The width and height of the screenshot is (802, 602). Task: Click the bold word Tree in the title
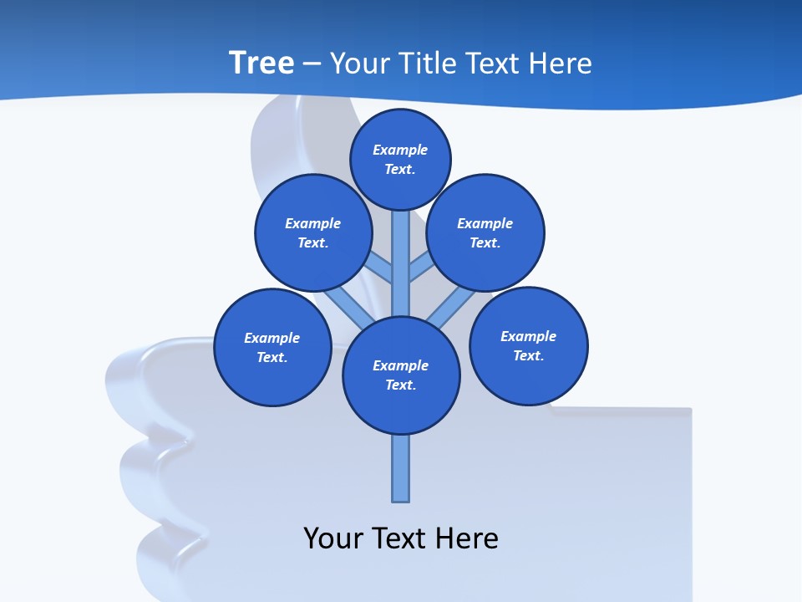(261, 63)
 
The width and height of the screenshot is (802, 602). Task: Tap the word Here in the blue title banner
(560, 64)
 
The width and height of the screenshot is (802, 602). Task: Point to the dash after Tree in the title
(312, 64)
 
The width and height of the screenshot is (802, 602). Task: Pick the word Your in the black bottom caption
(333, 538)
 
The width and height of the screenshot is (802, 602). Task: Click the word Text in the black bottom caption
(397, 538)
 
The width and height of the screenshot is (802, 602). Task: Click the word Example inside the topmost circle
(400, 150)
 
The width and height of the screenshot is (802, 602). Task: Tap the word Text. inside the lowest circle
(401, 385)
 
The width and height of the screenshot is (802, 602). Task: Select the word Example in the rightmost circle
(528, 336)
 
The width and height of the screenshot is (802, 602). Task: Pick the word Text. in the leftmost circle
(272, 357)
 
